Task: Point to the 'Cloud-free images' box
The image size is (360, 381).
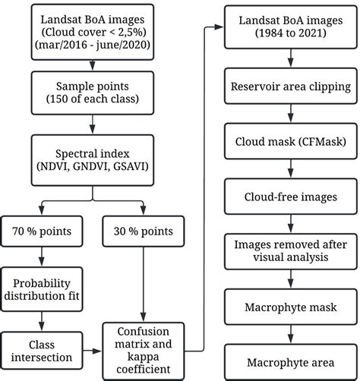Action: coord(290,197)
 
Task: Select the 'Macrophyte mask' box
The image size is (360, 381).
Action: coord(290,308)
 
